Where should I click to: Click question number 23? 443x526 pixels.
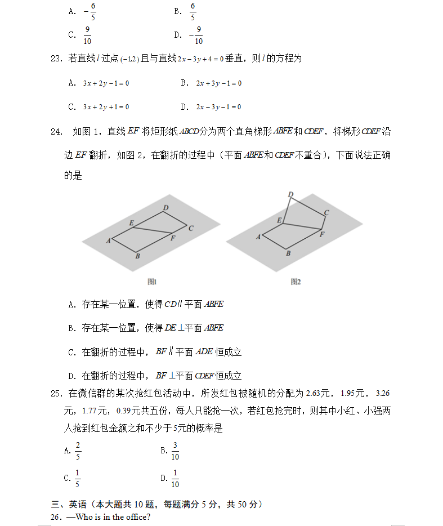pos(55,59)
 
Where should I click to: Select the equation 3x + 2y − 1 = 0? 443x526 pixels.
pos(106,83)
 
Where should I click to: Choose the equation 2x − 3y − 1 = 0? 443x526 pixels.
pos(218,107)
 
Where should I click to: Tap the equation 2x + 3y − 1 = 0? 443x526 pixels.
pos(218,83)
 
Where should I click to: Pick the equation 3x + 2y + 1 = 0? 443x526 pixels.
pos(106,107)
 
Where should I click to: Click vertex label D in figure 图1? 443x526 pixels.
pos(165,208)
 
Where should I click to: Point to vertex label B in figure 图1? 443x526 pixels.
pos(137,256)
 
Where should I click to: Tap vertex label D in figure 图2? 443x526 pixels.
pos(290,195)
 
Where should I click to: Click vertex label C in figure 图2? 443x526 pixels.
pos(326,212)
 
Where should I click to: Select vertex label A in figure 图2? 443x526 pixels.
pos(258,237)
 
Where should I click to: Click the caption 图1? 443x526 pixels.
pos(151,281)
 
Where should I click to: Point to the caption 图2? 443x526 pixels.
pos(296,281)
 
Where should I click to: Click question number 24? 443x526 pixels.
pos(56,132)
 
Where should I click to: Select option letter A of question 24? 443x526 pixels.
pos(71,305)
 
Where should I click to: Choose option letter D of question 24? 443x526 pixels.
pos(71,376)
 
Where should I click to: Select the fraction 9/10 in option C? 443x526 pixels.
pos(87,35)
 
